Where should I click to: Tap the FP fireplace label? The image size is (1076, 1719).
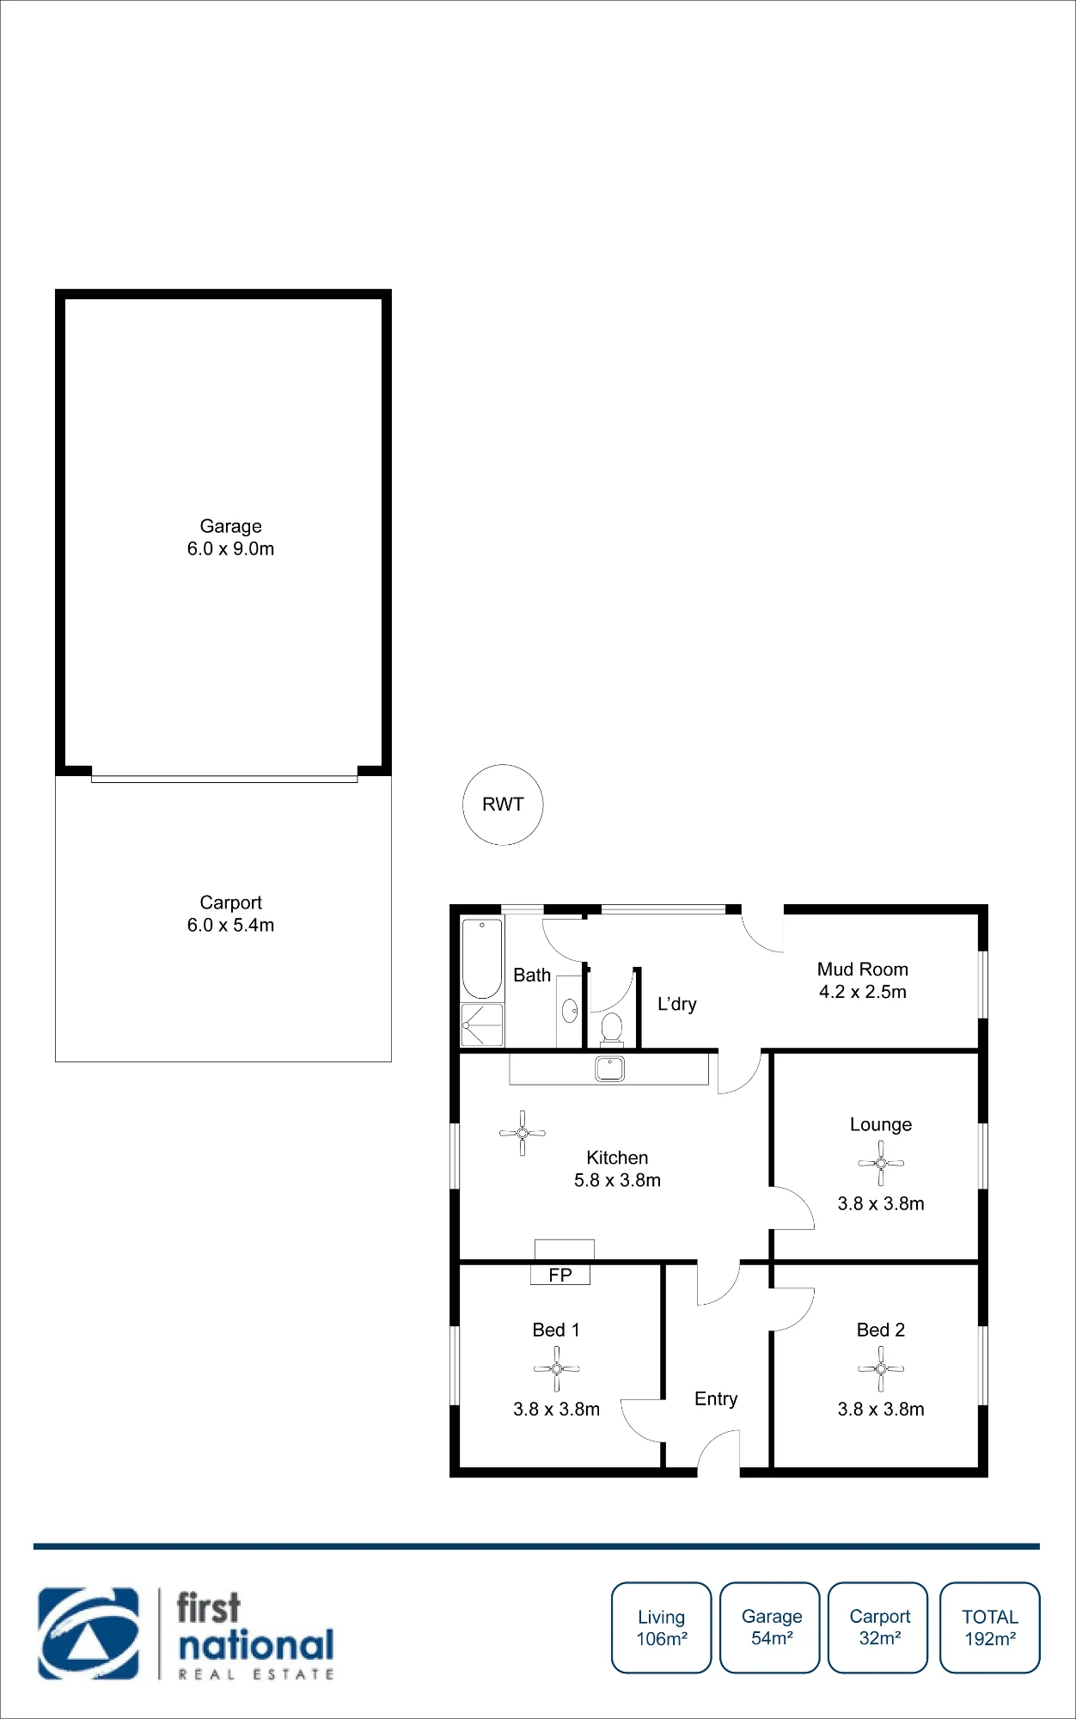tap(560, 1275)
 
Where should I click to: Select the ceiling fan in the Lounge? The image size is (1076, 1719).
tap(881, 1163)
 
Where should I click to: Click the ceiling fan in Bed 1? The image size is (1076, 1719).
tap(556, 1368)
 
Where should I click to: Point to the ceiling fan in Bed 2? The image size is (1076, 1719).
tap(881, 1368)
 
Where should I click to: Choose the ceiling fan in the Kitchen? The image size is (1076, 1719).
tap(523, 1133)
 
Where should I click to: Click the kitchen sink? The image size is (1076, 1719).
tap(610, 1068)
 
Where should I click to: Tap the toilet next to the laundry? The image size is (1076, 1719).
tap(611, 1028)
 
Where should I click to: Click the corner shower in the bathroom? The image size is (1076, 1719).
tap(482, 1025)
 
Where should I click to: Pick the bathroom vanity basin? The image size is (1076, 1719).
tap(570, 1011)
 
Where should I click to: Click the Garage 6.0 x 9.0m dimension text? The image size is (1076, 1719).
tap(231, 548)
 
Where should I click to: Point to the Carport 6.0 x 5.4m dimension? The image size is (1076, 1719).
tap(231, 925)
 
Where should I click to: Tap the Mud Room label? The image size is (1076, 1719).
tap(863, 970)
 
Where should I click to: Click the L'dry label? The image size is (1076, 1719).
tap(677, 1004)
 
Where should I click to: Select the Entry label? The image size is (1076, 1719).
tap(716, 1399)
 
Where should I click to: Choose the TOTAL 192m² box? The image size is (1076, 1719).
tap(990, 1628)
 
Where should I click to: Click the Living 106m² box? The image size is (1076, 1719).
tap(662, 1628)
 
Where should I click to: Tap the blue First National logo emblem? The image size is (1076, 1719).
tap(89, 1633)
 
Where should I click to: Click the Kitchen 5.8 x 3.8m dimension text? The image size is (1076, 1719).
tap(618, 1180)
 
